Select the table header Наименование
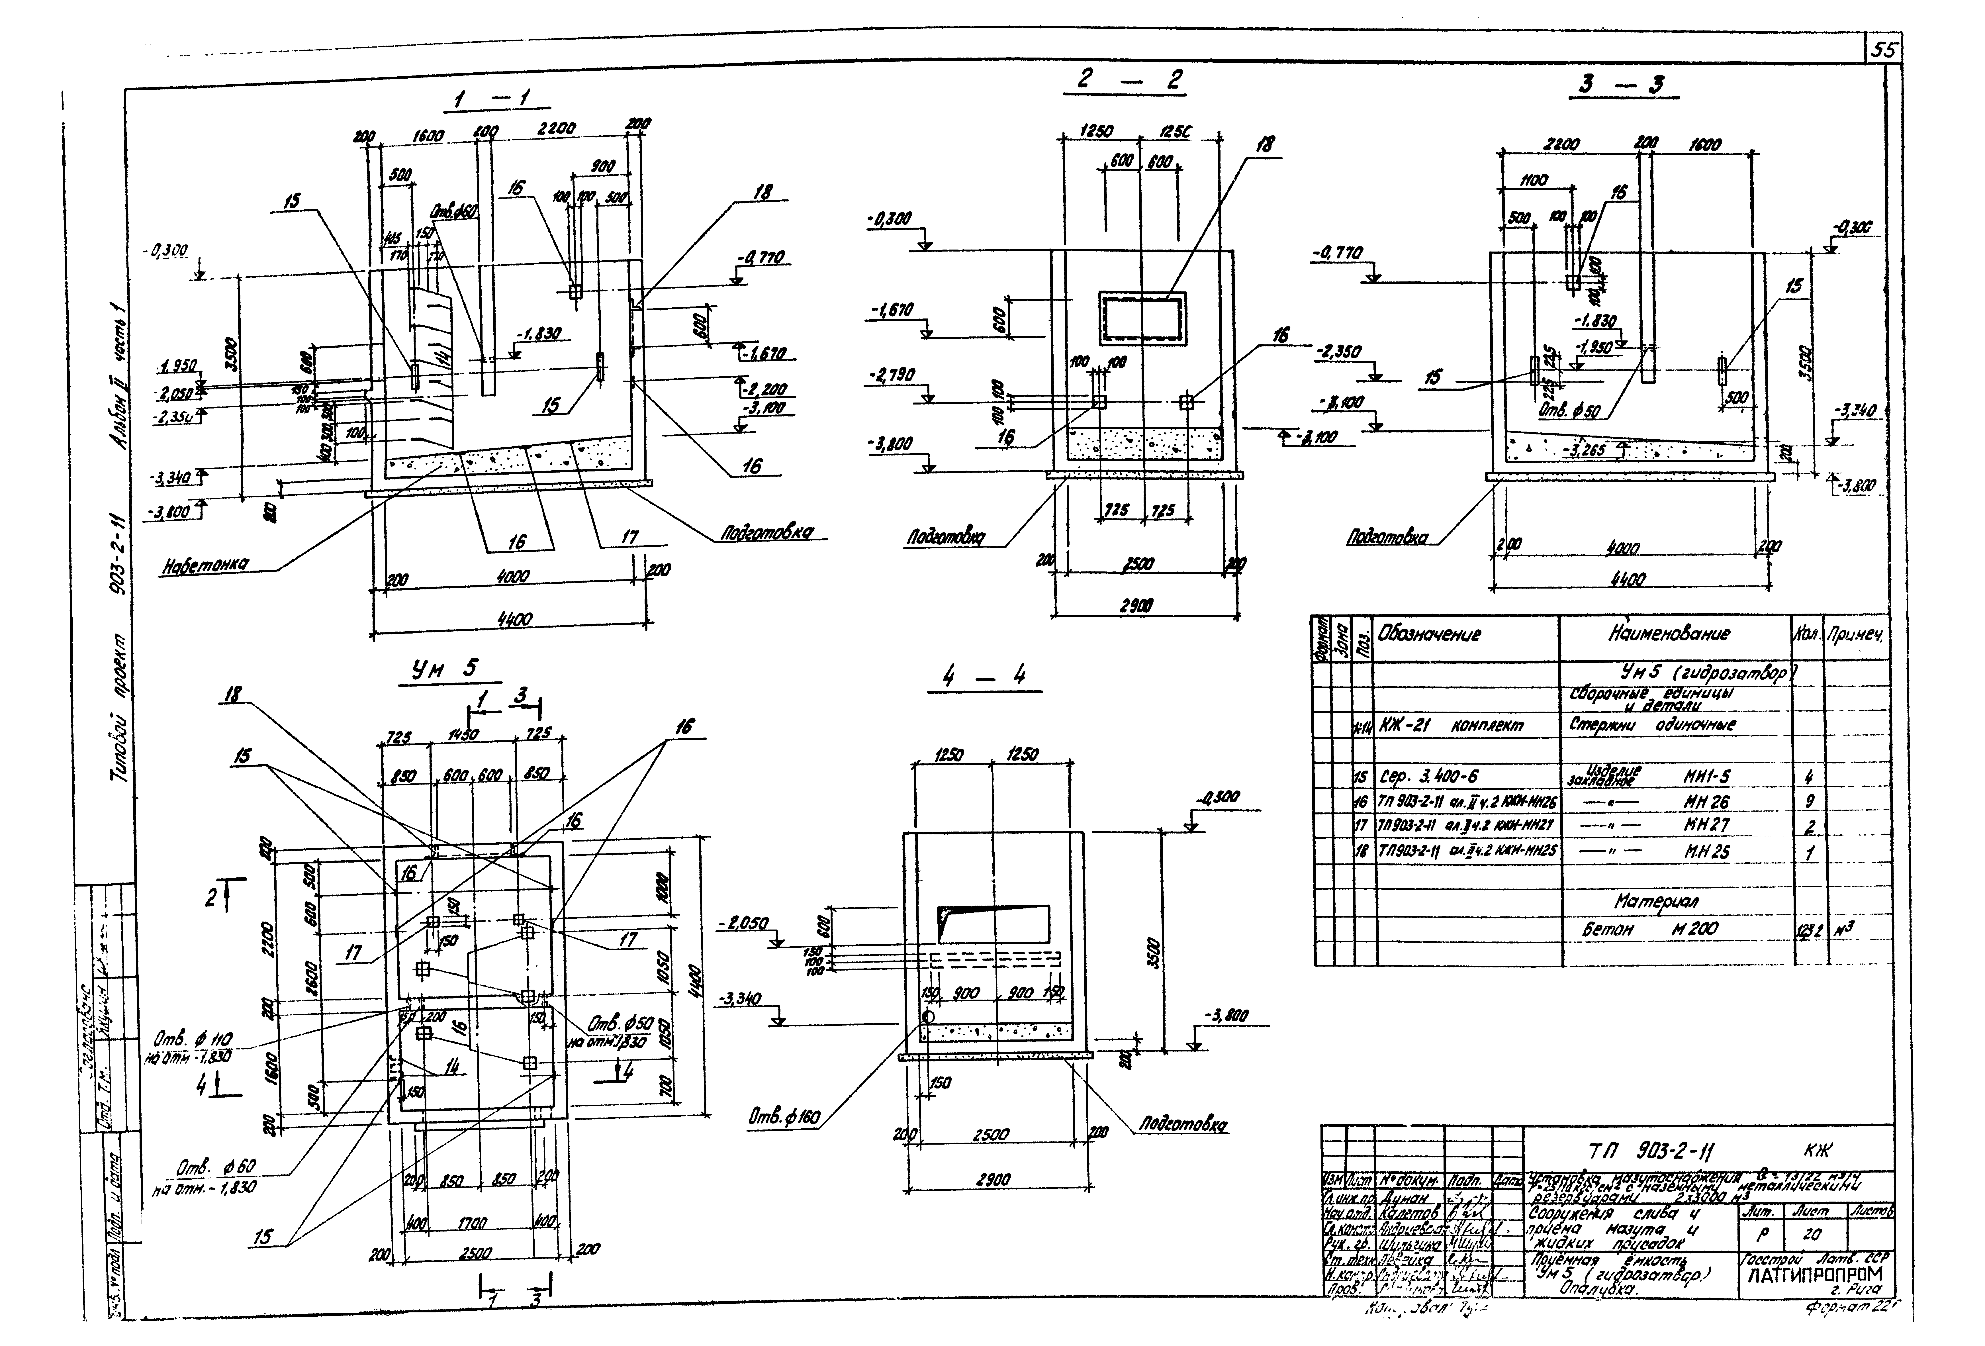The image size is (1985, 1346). (x=1670, y=634)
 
